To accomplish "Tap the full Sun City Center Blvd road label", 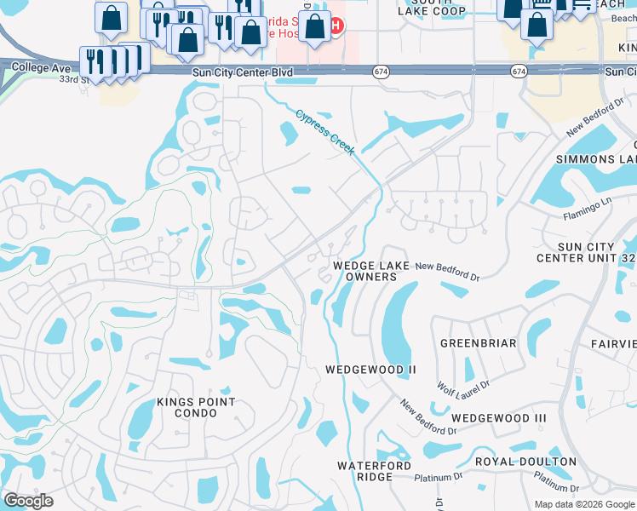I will coord(243,73).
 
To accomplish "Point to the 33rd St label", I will coord(75,79).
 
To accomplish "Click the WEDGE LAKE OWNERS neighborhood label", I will coord(371,271).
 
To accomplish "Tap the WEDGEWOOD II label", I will coord(370,370).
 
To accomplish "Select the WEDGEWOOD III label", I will coord(498,418).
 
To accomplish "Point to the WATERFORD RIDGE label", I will coord(374,471).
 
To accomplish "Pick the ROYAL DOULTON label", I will coord(525,462).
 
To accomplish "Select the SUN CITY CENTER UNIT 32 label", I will coord(587,252).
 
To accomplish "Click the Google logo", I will coord(28,501).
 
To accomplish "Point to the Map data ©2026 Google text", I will coord(583,504).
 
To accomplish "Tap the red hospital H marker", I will coord(337,26).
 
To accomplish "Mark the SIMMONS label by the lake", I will coord(596,159).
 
